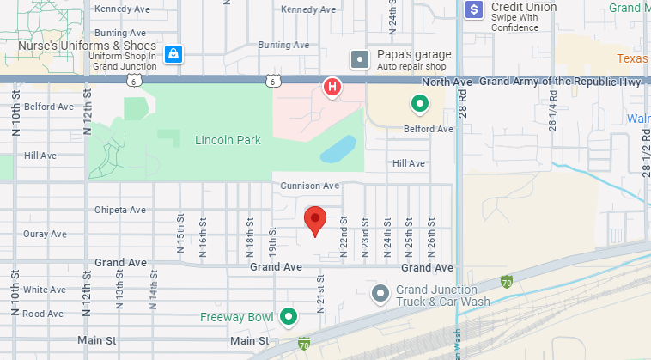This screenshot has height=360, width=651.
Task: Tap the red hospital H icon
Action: point(332,87)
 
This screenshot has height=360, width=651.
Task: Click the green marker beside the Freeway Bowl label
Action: point(289,317)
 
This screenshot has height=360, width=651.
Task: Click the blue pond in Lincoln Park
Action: point(338,149)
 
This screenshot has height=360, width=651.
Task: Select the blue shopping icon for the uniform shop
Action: point(173,53)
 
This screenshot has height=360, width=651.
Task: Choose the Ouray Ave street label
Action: point(46,234)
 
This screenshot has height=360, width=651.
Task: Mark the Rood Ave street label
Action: point(43,314)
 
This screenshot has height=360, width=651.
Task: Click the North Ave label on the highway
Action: point(452,82)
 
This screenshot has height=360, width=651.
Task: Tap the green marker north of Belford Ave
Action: point(419,104)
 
